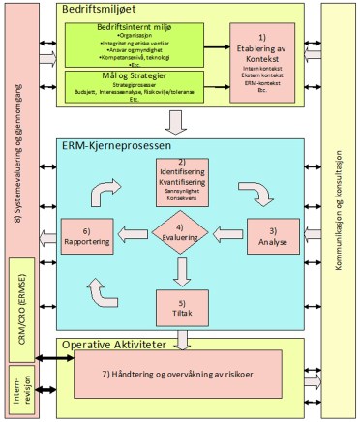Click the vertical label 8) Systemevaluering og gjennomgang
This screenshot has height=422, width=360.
tap(16, 126)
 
